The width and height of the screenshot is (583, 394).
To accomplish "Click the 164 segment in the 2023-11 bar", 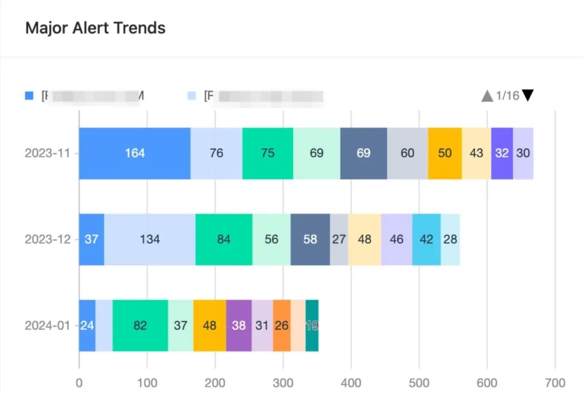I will pyautogui.click(x=134, y=153).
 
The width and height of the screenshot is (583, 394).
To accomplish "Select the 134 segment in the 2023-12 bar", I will pyautogui.click(x=150, y=239).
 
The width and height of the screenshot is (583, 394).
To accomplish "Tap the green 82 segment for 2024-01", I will pyautogui.click(x=140, y=325).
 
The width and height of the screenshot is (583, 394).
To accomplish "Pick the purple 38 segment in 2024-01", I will pyautogui.click(x=239, y=325).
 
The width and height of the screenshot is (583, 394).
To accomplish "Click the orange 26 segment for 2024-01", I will pyautogui.click(x=282, y=325).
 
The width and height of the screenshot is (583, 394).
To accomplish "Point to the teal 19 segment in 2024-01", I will pyautogui.click(x=312, y=325).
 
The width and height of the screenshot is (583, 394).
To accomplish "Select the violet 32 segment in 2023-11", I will pyautogui.click(x=502, y=153).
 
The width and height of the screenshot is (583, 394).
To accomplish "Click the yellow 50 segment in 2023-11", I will pyautogui.click(x=445, y=153).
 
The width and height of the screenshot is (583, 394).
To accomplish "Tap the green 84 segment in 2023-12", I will pyautogui.click(x=223, y=239).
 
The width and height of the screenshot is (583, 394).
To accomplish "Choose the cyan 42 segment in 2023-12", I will pyautogui.click(x=426, y=239).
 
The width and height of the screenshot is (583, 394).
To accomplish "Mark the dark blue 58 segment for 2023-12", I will pyautogui.click(x=310, y=239).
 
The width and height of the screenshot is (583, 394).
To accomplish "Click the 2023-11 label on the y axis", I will pyautogui.click(x=48, y=153).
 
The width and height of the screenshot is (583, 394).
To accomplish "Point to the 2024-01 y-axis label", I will pyautogui.click(x=48, y=325).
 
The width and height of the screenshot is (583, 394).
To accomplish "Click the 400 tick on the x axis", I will pyautogui.click(x=351, y=383).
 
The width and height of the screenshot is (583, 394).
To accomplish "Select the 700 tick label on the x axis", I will pyautogui.click(x=555, y=383).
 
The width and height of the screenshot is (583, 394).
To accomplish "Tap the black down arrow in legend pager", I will pyautogui.click(x=528, y=96).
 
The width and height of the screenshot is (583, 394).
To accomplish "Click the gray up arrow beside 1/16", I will pyautogui.click(x=487, y=96).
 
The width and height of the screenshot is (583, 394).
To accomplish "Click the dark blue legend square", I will pyautogui.click(x=29, y=96).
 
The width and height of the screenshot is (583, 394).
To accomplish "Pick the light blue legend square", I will pyautogui.click(x=192, y=96).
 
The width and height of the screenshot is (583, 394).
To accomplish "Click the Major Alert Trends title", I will pyautogui.click(x=95, y=28).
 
